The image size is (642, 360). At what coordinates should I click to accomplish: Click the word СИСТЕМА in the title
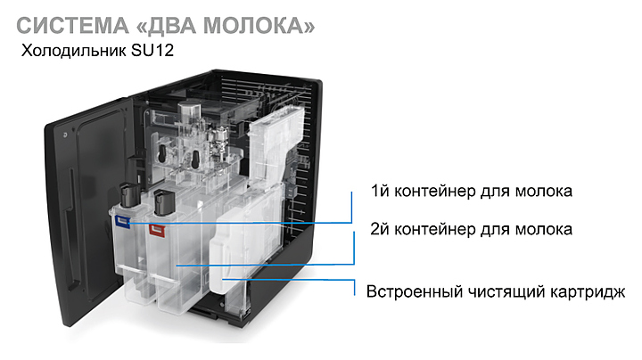click(x=72, y=26)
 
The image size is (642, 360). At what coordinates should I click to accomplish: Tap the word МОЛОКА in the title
click(x=253, y=26)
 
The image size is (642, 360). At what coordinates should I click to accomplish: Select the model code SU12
click(x=152, y=50)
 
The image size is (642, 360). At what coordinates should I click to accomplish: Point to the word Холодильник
click(x=74, y=51)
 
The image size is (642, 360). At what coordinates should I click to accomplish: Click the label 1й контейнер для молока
click(x=472, y=191)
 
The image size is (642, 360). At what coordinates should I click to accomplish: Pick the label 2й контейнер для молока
click(x=472, y=229)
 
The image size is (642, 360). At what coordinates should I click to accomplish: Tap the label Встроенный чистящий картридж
click(x=496, y=291)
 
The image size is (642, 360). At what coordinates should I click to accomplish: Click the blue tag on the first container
click(x=122, y=221)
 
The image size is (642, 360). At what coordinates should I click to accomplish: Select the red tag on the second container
click(x=157, y=230)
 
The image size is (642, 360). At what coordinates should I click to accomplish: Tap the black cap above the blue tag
click(x=130, y=196)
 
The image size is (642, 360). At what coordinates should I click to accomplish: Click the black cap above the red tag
click(x=164, y=203)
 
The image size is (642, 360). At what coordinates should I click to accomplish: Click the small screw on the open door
click(x=65, y=135)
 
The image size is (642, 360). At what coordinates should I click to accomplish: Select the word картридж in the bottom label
click(x=587, y=292)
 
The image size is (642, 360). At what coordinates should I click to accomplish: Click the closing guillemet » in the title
click(x=309, y=27)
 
